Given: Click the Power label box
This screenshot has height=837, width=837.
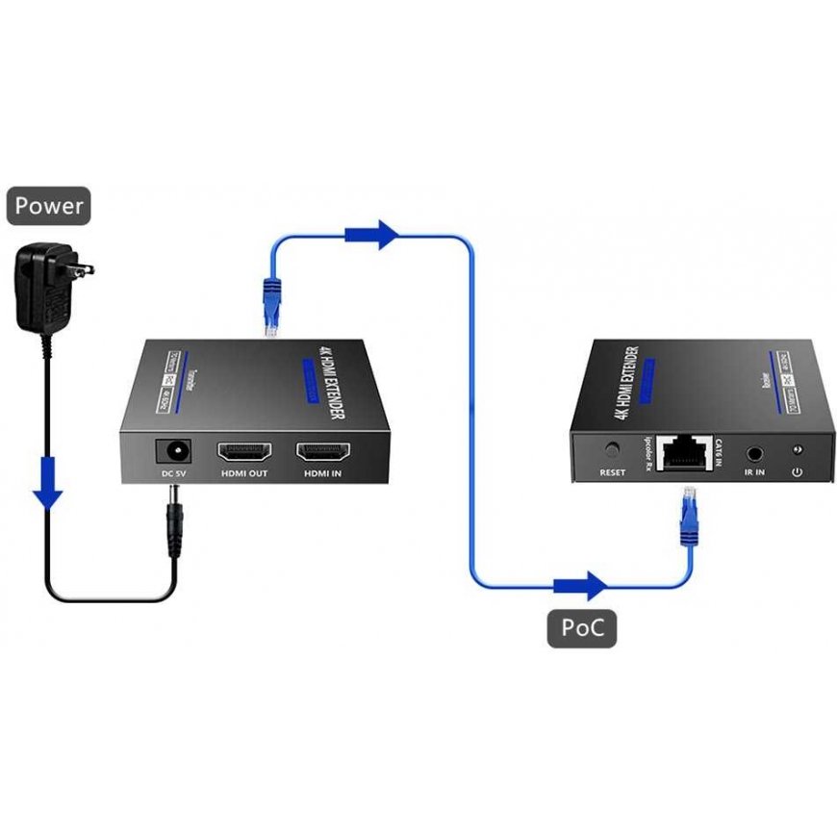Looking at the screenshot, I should coord(48,205).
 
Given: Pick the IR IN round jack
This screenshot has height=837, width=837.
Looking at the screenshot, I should coord(753,450).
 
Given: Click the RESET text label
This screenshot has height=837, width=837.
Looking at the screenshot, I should coord(613,472).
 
